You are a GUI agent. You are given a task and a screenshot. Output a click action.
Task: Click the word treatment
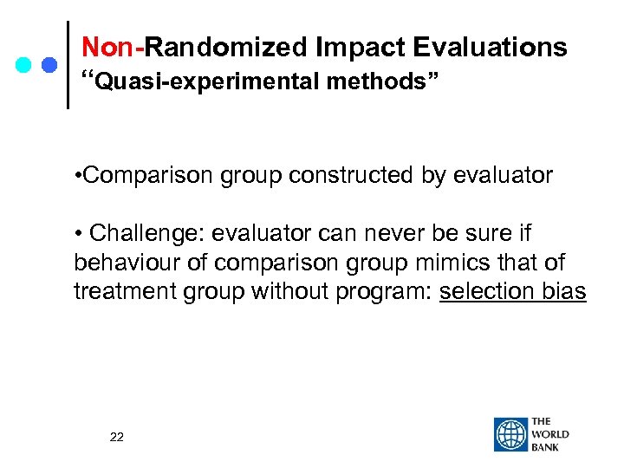click(x=124, y=292)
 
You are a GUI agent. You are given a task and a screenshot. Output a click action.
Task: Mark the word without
click(x=293, y=292)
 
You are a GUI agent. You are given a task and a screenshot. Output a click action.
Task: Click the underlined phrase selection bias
click(x=513, y=292)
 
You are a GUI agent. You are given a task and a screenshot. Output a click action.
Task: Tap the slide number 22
click(x=117, y=437)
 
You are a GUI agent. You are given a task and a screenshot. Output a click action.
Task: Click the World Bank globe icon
click(x=510, y=435)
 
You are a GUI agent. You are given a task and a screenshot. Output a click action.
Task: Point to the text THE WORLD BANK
click(x=551, y=434)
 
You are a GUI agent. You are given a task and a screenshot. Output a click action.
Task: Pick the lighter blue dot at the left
click(x=24, y=65)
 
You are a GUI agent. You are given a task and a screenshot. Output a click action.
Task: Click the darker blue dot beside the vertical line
click(x=49, y=65)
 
